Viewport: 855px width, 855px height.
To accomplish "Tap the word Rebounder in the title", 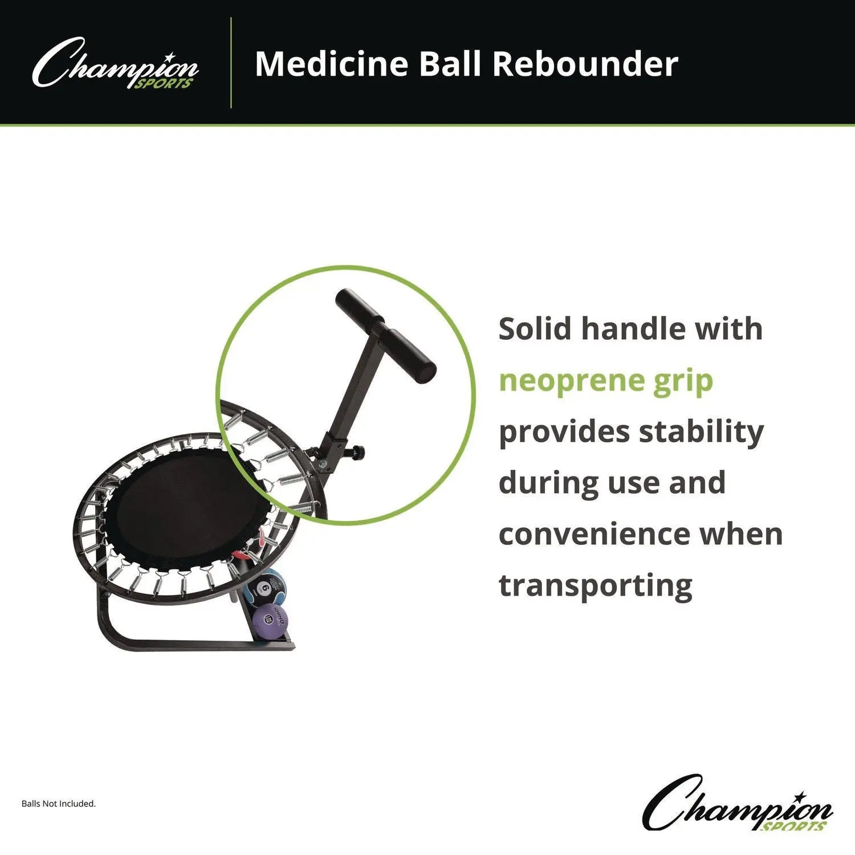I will coord(585,63).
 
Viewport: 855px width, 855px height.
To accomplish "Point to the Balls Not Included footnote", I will coord(59,804).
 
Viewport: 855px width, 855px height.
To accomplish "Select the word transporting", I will coord(596,585).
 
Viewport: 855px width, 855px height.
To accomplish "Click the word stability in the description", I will coord(701,432).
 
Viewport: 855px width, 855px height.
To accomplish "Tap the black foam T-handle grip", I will coord(386,336).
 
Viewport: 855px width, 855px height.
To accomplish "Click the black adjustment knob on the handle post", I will coord(359,453).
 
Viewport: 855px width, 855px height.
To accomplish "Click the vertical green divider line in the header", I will coord(231,63).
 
